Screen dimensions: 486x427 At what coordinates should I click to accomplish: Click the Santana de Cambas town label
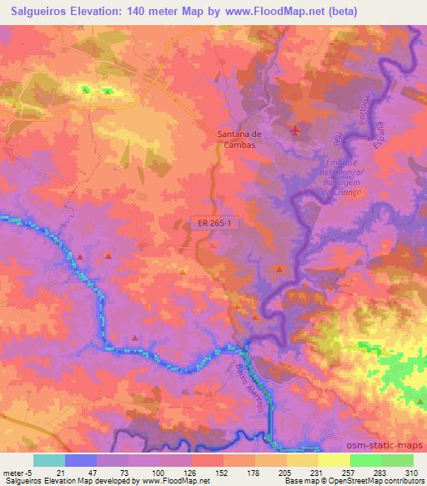tap(235, 138)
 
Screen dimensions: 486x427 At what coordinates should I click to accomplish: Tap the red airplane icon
tap(295, 130)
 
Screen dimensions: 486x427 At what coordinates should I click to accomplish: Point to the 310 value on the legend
tap(412, 471)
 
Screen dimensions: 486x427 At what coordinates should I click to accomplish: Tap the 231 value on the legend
tap(318, 471)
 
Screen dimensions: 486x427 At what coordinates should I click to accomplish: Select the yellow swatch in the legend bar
tap(334, 459)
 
